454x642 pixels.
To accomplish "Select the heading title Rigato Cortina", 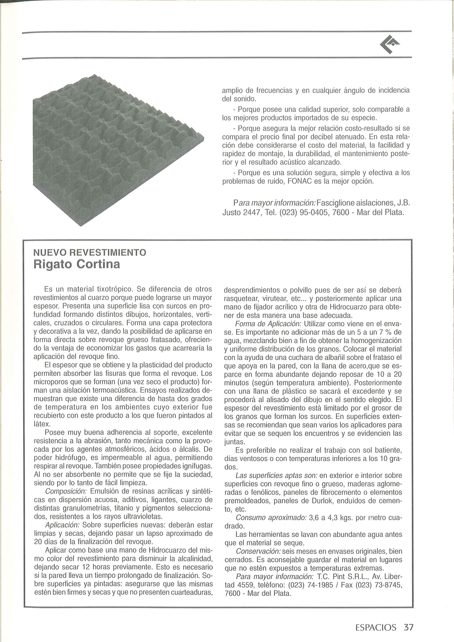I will (x=77, y=264).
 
